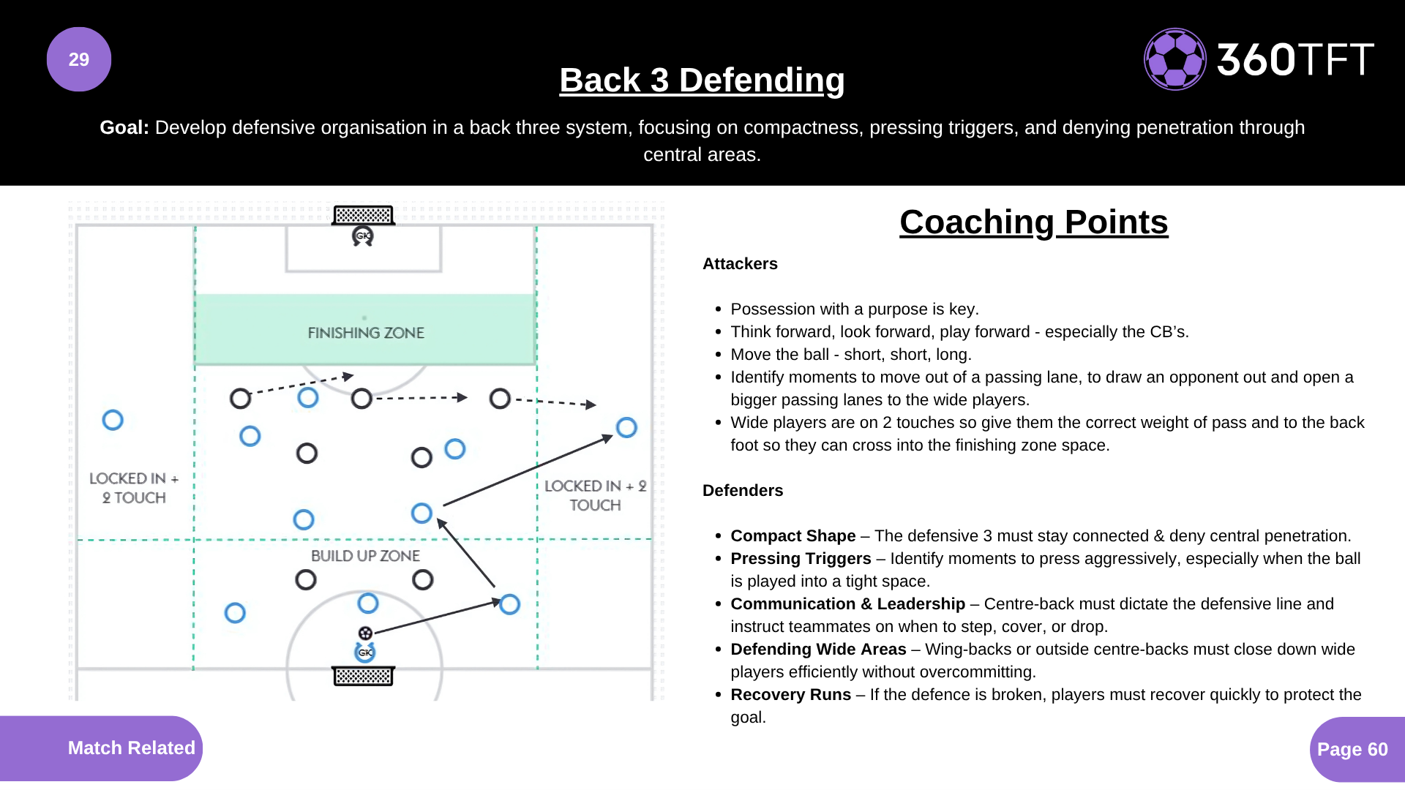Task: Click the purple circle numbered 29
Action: [x=79, y=59]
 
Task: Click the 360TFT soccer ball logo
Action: [x=1174, y=59]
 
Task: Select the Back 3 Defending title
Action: [x=702, y=80]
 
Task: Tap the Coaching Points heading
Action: [x=1033, y=222]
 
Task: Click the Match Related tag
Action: [x=131, y=748]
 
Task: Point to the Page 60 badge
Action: [x=1352, y=749]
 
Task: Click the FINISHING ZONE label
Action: [x=366, y=333]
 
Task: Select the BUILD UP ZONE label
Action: [x=365, y=556]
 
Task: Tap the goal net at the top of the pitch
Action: [x=363, y=215]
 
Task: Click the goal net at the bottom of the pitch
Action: [x=364, y=676]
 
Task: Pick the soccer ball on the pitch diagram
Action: [x=365, y=633]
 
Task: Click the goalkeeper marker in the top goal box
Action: [x=363, y=236]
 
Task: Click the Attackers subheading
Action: [x=740, y=264]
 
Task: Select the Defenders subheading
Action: [x=743, y=491]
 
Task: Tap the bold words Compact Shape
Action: [x=793, y=536]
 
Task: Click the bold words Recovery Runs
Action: [x=790, y=695]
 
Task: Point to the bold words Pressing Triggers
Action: [x=801, y=559]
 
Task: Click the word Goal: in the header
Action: [x=124, y=127]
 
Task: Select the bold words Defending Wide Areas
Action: [x=818, y=650]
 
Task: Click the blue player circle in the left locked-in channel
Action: [x=113, y=420]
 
